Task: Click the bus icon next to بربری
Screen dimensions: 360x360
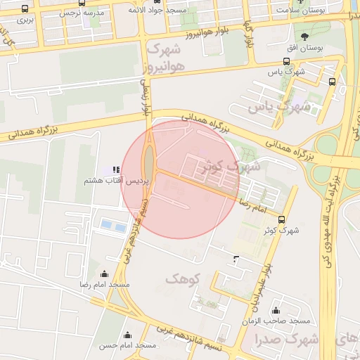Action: click(x=25, y=9)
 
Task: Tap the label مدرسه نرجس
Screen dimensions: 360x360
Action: click(x=84, y=13)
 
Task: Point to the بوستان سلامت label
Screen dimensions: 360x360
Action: click(x=301, y=11)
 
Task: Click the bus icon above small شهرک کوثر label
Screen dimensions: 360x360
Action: click(x=282, y=219)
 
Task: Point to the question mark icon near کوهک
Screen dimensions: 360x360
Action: click(x=236, y=260)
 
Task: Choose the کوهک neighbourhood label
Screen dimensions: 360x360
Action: click(x=183, y=279)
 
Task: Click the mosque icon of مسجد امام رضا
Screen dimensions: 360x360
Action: click(x=105, y=274)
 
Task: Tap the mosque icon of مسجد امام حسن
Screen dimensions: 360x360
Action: click(x=127, y=335)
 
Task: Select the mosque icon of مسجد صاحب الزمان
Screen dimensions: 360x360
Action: click(x=275, y=310)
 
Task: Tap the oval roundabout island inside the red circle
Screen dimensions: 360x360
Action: click(x=149, y=161)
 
